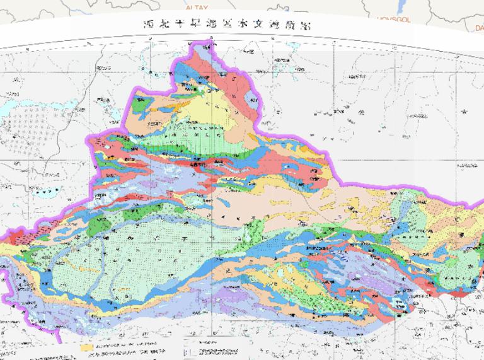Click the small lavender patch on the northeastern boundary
point(253,94)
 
